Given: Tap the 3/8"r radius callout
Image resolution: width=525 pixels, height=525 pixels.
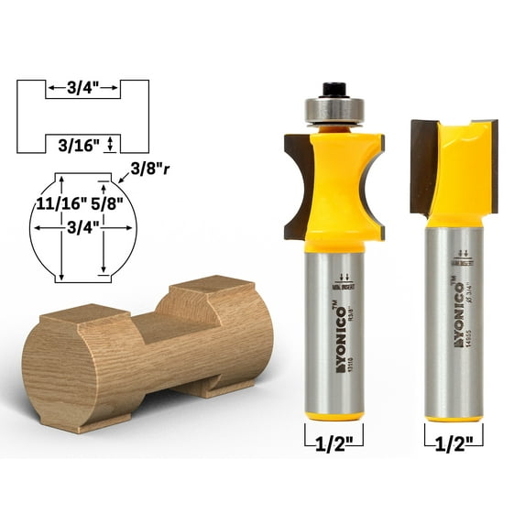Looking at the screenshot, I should pos(151,169).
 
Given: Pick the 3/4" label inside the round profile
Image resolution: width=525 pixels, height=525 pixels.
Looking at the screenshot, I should pos(82,229).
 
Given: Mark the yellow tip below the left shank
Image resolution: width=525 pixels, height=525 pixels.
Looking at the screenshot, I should pos(333,415).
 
